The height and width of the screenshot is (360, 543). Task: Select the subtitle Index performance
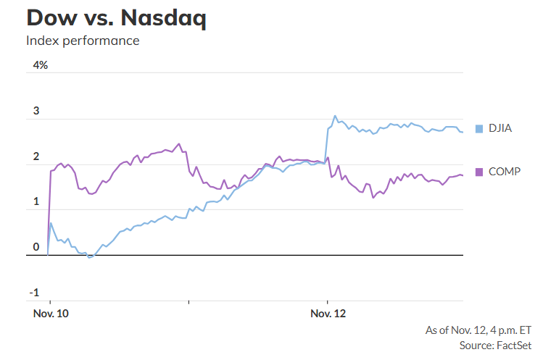[83, 41]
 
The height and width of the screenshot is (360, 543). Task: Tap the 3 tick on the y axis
[36, 112]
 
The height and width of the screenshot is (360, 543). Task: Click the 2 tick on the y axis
[36, 157]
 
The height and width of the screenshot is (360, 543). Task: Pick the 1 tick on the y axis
[36, 203]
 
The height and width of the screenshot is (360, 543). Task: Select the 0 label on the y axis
[36, 248]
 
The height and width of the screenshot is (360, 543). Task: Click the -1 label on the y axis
[34, 293]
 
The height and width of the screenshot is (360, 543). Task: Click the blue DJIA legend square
[478, 129]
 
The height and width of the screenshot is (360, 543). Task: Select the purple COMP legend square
[478, 172]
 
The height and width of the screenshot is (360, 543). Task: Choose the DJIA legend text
[500, 129]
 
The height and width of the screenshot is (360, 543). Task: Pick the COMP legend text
[504, 172]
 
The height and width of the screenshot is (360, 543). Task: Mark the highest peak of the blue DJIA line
[334, 116]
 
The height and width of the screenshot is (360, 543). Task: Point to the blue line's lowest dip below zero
[90, 257]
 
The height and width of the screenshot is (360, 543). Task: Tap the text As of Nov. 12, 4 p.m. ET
[478, 330]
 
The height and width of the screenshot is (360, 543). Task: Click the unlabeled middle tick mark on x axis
[188, 302]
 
